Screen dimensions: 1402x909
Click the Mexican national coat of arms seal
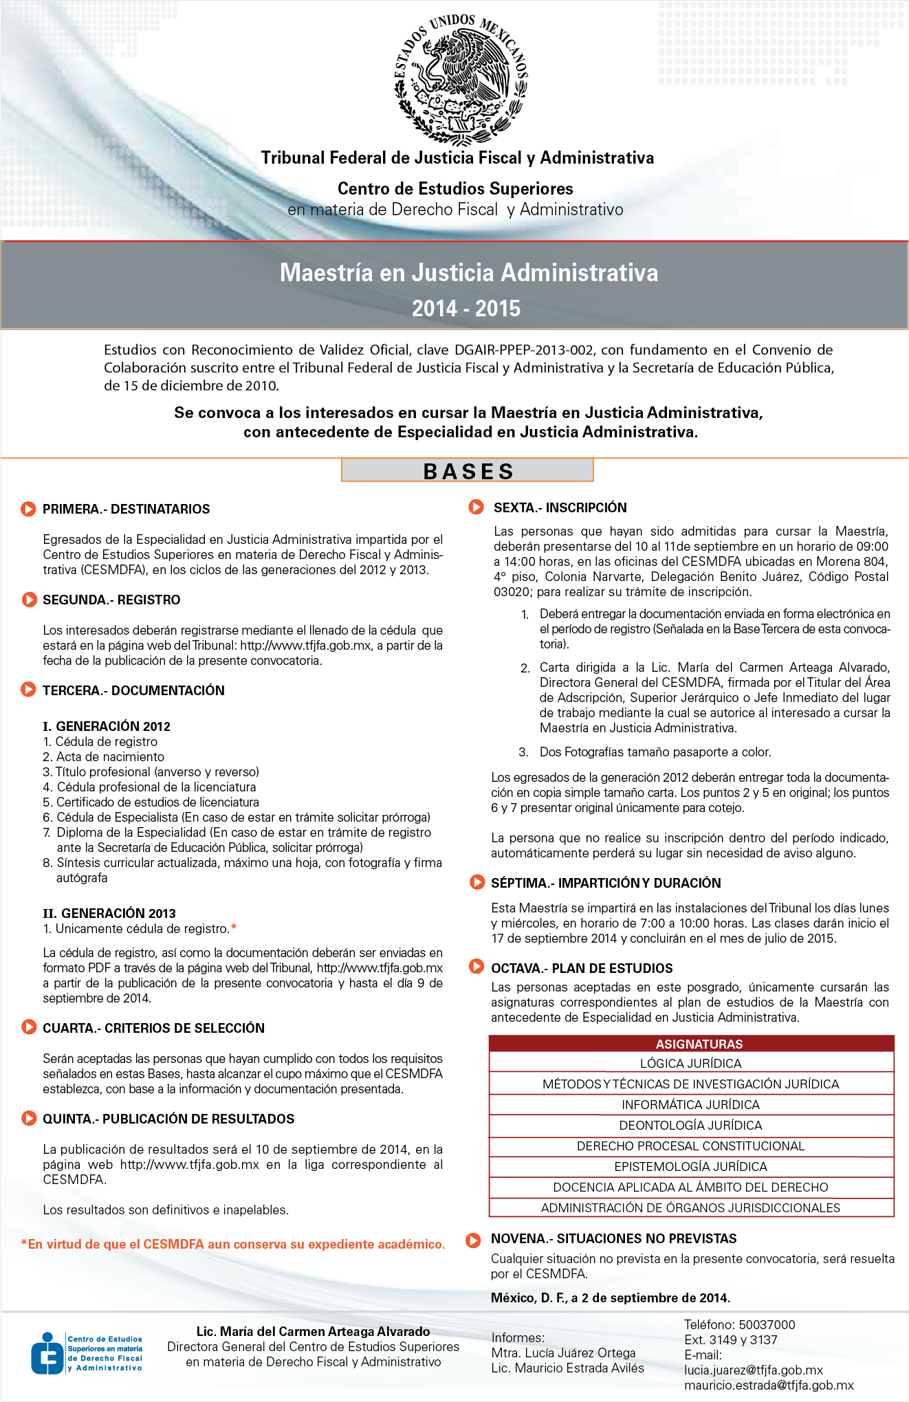461,79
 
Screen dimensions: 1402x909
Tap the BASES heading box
468,471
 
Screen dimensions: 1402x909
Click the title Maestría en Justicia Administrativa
468,273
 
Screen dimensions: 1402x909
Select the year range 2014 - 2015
466,309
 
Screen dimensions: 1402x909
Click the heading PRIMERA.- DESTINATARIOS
126,510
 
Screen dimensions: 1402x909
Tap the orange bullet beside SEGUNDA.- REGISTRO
29,600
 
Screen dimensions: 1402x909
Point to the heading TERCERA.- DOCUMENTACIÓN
133,691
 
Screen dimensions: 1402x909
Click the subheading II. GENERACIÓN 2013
109,913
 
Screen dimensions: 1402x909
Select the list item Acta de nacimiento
110,757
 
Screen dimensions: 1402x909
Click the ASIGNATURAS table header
699,1044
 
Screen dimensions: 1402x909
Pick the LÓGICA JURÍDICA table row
690,1064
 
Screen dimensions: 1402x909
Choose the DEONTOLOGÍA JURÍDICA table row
690,1126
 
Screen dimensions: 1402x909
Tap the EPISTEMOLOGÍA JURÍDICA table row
690,1167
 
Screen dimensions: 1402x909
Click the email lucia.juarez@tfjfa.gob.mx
753,1370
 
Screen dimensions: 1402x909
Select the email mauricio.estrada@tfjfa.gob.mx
769,1385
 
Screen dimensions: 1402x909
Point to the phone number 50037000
767,1325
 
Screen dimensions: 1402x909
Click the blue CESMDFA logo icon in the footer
47,1353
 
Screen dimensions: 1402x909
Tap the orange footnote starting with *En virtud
233,1245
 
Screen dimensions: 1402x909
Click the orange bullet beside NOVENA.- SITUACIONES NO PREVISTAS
473,1240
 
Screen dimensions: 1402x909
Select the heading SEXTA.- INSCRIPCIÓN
560,508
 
